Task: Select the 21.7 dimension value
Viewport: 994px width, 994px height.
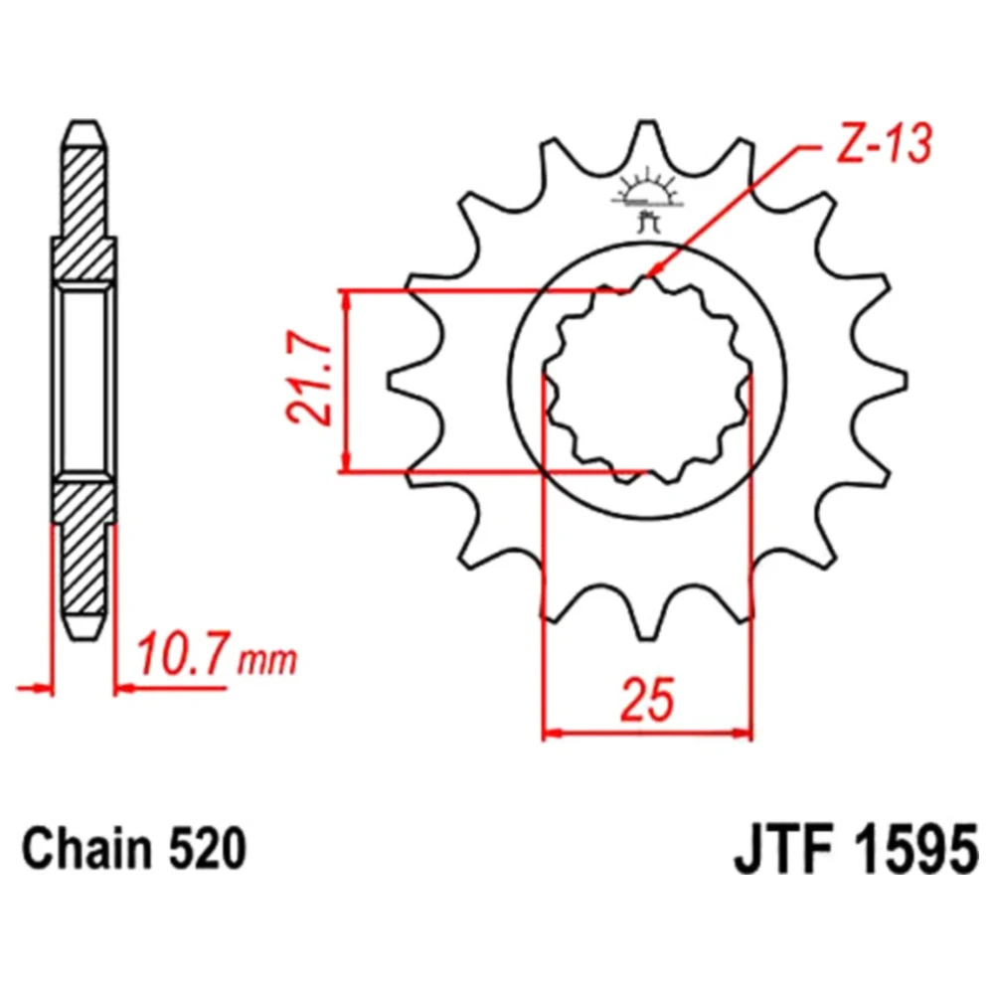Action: click(x=309, y=378)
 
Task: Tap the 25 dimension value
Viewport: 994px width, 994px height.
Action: click(x=647, y=700)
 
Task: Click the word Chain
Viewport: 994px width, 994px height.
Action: click(x=86, y=850)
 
